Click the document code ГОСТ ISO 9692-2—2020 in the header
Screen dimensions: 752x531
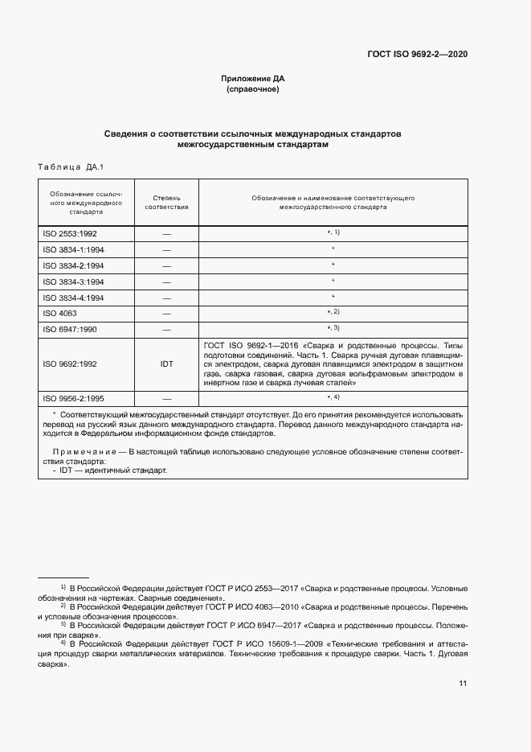pos(417,55)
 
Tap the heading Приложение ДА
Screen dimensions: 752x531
pos(253,79)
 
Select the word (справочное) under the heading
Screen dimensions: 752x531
pos(253,90)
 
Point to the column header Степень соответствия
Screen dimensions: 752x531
pos(166,201)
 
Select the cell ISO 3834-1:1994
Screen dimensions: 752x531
pos(75,249)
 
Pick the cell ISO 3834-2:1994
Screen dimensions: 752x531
pos(75,265)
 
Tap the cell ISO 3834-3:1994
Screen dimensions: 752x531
pos(75,281)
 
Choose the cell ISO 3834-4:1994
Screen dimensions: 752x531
pos(75,298)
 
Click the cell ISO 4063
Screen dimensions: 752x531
pos(60,313)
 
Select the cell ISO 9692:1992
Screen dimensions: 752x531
pos(70,364)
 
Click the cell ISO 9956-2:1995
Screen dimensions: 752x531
pos(75,398)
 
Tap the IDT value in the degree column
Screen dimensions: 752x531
pos(166,364)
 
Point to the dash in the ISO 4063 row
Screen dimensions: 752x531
pos(166,313)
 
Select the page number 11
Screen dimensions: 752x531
pos(463,684)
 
